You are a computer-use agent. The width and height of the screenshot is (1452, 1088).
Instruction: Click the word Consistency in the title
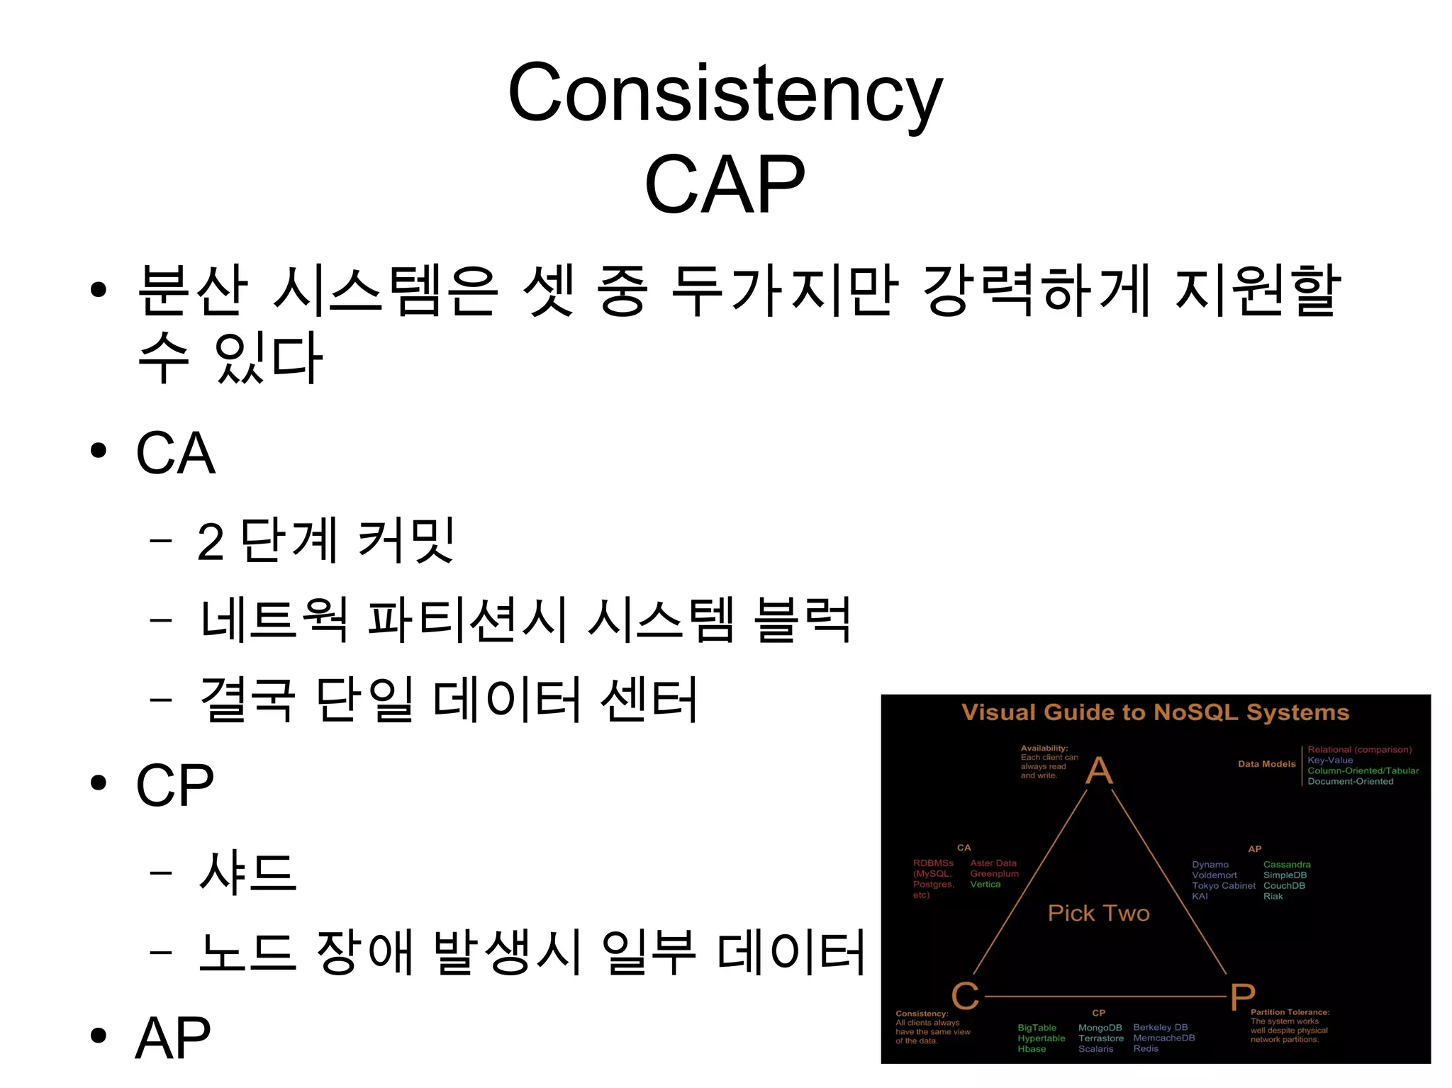(x=725, y=94)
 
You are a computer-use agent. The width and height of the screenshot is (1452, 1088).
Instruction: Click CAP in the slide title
(x=725, y=184)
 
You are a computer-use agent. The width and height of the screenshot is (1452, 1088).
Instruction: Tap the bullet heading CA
(x=175, y=453)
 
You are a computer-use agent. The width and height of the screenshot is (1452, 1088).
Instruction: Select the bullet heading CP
(x=174, y=785)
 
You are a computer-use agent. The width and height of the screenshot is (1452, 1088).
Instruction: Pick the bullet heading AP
(x=173, y=1038)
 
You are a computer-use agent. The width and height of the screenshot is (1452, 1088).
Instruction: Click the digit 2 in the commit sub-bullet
(x=211, y=542)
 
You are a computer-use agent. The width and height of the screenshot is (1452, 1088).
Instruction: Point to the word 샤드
(x=247, y=872)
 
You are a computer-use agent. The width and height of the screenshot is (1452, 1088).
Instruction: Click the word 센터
(x=649, y=700)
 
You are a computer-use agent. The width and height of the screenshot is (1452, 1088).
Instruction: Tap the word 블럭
(x=802, y=620)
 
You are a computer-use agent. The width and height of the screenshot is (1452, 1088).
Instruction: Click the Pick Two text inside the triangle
(x=1098, y=913)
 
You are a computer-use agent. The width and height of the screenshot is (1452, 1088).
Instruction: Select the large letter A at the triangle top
(x=1099, y=770)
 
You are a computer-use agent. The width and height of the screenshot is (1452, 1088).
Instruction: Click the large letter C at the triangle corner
(x=965, y=996)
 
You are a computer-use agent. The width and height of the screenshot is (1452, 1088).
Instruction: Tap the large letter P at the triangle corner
(x=1242, y=997)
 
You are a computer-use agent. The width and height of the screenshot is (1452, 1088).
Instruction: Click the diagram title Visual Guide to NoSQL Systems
(x=1155, y=712)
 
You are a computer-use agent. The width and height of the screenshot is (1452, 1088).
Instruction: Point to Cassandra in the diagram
(x=1287, y=865)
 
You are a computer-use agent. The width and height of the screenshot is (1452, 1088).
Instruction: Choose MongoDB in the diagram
(x=1100, y=1028)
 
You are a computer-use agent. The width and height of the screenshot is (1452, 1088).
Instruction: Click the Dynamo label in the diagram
(x=1210, y=865)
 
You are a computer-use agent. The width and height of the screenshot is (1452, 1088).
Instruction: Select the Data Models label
(x=1266, y=764)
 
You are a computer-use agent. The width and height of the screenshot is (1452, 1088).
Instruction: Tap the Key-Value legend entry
(x=1330, y=760)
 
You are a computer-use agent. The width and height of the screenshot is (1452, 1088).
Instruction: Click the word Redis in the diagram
(x=1146, y=1048)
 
